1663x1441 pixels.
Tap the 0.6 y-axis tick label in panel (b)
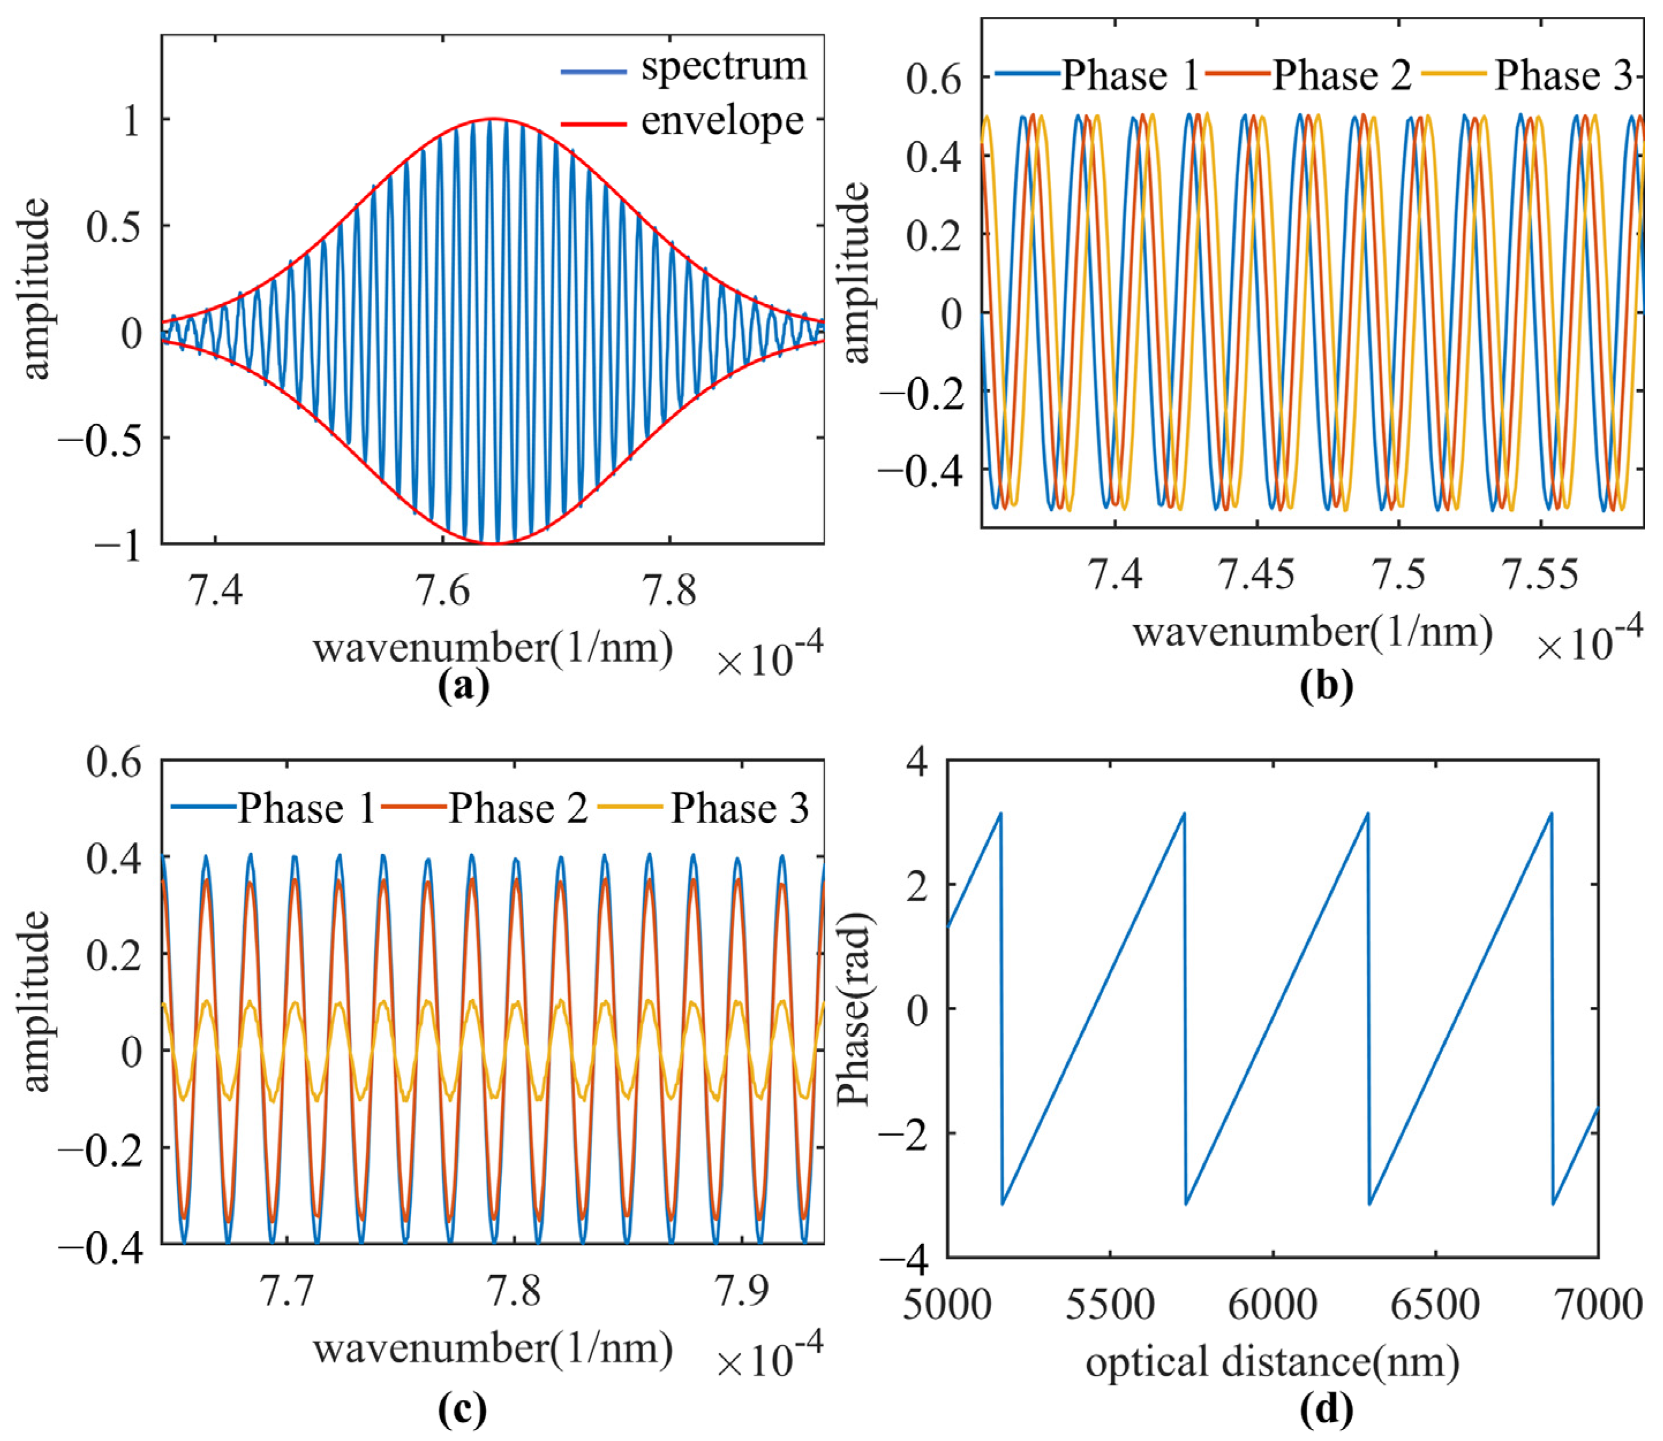click(934, 80)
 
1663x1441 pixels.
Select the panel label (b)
click(1326, 686)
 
